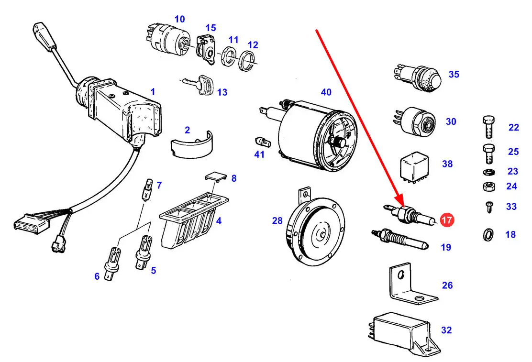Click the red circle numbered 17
[x=446, y=220]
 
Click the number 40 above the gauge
[x=326, y=92]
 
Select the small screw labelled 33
[x=488, y=207]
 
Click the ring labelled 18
[x=488, y=235]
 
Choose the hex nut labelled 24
[x=488, y=186]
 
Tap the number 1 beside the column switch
[x=153, y=91]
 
